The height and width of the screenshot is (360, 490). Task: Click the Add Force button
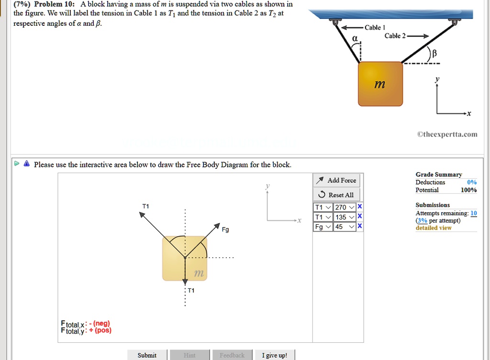pyautogui.click(x=337, y=180)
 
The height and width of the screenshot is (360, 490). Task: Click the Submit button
pyautogui.click(x=147, y=355)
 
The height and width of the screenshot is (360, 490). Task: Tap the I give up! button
pyautogui.click(x=275, y=355)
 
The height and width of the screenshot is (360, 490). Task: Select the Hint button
pyautogui.click(x=189, y=355)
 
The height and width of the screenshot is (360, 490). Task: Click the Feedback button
pyautogui.click(x=232, y=355)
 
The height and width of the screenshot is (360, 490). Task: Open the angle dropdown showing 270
pyautogui.click(x=345, y=207)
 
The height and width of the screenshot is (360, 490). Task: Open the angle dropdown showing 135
pyautogui.click(x=345, y=217)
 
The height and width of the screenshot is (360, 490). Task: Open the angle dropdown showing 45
pyautogui.click(x=345, y=227)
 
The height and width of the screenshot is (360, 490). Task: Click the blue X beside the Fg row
pyautogui.click(x=360, y=227)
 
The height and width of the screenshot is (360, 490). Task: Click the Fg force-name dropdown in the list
pyautogui.click(x=323, y=227)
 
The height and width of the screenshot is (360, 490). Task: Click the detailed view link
pyautogui.click(x=434, y=228)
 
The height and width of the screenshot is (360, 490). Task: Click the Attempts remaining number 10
pyautogui.click(x=474, y=213)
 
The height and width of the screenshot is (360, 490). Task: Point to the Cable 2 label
pyautogui.click(x=395, y=36)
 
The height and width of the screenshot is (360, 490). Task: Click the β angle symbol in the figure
pyautogui.click(x=434, y=54)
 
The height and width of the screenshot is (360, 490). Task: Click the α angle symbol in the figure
pyautogui.click(x=355, y=38)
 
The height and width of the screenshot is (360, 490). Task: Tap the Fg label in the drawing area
pyautogui.click(x=225, y=229)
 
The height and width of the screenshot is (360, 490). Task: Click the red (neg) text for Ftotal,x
pyautogui.click(x=102, y=324)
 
